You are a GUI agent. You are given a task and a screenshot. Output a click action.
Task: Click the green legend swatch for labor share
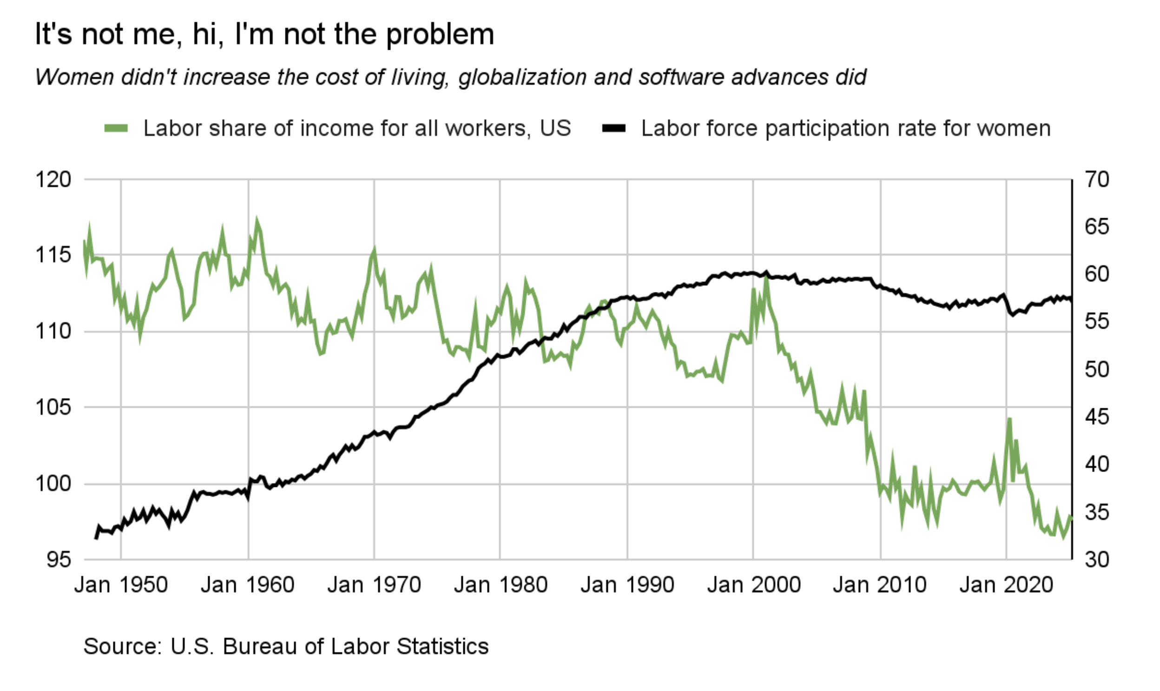[116, 128]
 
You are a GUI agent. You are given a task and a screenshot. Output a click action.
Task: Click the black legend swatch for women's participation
[613, 128]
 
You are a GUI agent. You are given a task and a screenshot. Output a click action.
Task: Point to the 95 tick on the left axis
[59, 559]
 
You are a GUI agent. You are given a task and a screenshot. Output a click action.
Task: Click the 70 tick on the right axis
[1097, 180]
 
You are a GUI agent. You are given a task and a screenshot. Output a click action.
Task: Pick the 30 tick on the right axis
[1097, 559]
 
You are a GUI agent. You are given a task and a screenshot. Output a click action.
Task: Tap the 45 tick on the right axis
[1097, 417]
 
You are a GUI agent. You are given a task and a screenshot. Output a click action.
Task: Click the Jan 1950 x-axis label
[121, 585]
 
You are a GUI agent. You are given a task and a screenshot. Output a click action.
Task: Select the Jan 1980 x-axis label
[501, 585]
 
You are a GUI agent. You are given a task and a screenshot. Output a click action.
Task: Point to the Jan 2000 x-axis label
[754, 585]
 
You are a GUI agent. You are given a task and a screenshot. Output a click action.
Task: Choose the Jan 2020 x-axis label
[1006, 585]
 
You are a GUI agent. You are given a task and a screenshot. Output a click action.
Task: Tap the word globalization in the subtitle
[522, 77]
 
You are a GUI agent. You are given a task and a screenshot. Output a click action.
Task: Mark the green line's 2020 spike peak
[1009, 419]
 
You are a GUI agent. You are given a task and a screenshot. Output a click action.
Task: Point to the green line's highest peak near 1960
[257, 220]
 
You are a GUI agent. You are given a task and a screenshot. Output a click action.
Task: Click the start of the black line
[96, 538]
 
